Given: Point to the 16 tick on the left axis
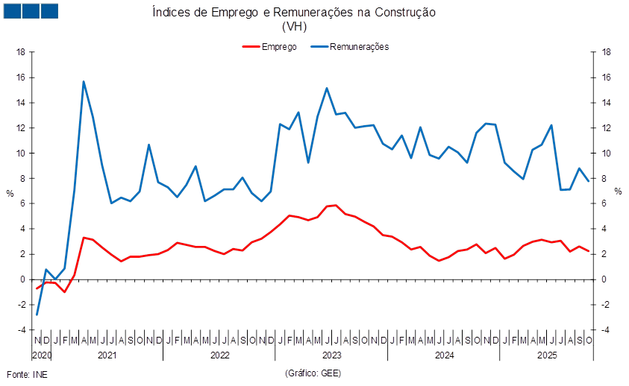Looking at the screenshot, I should point(22,77).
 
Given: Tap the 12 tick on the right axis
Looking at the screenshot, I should point(607,128).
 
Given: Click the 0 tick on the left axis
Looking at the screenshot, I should point(24,279).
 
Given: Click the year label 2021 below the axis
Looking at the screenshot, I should point(107,355).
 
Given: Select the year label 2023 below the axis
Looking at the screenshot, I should point(331,355).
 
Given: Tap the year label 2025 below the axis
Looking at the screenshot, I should point(547,355).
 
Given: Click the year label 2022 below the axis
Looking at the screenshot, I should point(219,355).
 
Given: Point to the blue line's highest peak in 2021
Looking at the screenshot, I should point(84,81).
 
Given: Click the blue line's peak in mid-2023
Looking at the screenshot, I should point(327,88).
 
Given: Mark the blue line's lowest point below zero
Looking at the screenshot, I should point(37,314).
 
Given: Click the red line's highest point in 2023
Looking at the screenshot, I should point(336,205).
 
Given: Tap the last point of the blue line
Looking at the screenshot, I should point(589,181).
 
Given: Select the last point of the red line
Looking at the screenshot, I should point(589,250).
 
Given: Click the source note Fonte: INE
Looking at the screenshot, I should point(27,373).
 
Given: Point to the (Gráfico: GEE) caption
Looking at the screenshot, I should point(313,372).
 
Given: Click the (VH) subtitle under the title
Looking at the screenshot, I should point(294,26).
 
